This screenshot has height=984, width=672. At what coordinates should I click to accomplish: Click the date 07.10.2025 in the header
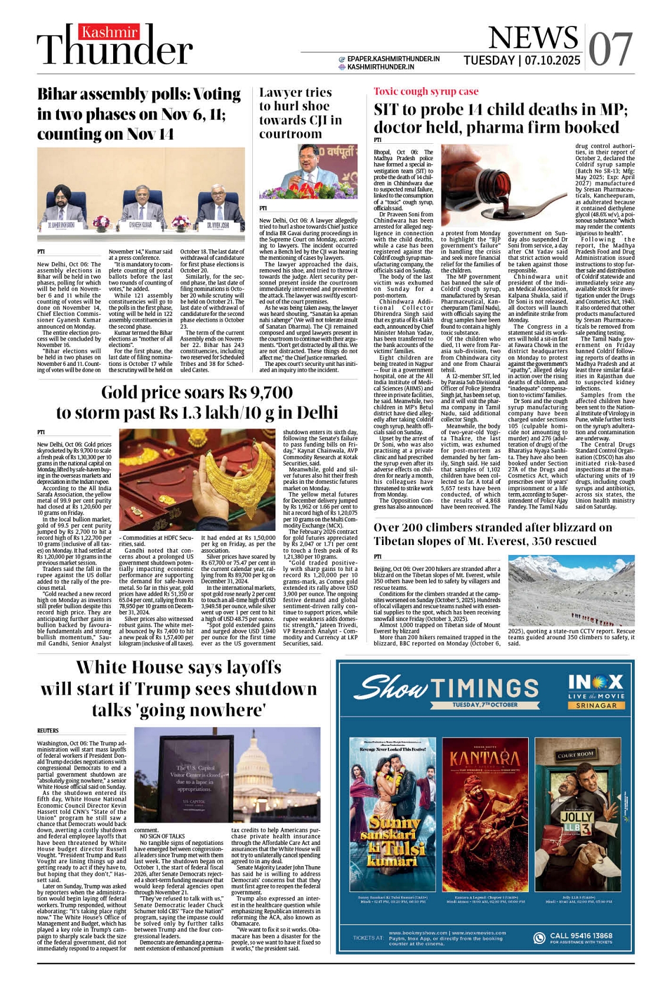pyautogui.click(x=553, y=60)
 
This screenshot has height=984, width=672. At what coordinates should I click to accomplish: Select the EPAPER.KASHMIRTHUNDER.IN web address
pyautogui.click(x=393, y=59)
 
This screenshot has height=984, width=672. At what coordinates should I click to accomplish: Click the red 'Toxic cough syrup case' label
pyautogui.click(x=426, y=91)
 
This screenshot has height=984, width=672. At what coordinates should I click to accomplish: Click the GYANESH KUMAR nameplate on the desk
pyautogui.click(x=140, y=225)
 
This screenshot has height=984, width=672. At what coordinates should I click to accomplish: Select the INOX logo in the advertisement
pyautogui.click(x=595, y=682)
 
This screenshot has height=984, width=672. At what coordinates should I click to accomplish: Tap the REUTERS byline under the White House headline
pyautogui.click(x=48, y=731)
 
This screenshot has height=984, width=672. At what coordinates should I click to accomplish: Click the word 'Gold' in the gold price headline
pyautogui.click(x=123, y=392)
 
